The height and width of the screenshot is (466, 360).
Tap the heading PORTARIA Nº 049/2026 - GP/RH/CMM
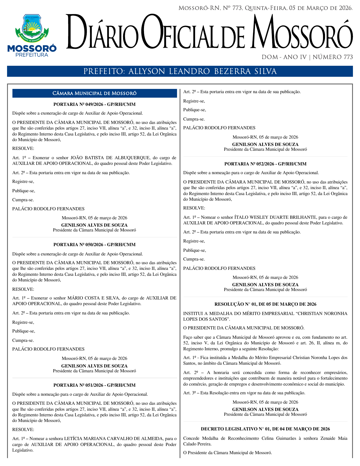tap(94, 104)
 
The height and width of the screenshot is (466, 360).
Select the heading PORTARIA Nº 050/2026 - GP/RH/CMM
tap(94, 245)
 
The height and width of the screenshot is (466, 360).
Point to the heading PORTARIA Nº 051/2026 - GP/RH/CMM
tap(94, 385)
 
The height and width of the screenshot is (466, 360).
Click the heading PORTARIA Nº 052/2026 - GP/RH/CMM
tap(265, 164)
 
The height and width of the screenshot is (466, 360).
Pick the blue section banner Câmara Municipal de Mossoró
tap(95, 93)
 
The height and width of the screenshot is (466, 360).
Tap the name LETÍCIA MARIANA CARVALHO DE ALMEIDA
tap(114, 439)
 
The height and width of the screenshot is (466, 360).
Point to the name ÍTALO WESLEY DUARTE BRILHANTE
tap(275, 217)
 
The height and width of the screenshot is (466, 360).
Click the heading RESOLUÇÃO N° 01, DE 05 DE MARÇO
tap(265, 304)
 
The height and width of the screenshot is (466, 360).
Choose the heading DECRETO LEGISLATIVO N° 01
tap(265, 429)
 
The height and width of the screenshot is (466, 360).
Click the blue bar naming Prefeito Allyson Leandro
tap(180, 71)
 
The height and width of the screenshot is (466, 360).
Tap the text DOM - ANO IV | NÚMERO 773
tap(307, 57)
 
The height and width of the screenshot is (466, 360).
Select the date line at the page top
tap(265, 8)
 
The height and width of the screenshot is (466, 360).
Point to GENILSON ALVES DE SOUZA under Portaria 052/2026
tap(265, 285)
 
